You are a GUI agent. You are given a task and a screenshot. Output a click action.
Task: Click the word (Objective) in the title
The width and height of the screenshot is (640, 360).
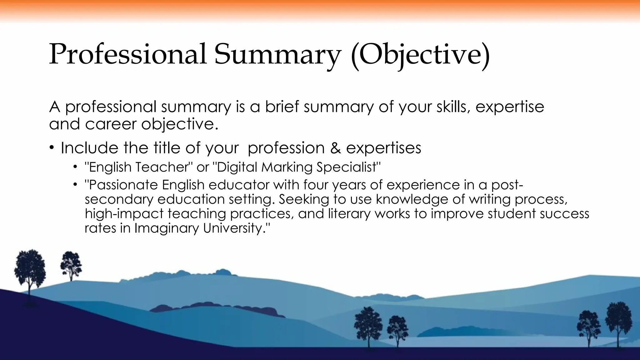(x=420, y=55)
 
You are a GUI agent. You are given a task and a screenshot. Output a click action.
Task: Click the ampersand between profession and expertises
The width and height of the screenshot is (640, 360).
(x=335, y=148)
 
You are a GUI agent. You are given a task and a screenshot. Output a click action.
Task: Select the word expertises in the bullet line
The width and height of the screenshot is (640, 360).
(x=384, y=148)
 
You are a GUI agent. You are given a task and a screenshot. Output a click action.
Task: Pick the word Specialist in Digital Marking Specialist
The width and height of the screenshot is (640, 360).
(x=349, y=167)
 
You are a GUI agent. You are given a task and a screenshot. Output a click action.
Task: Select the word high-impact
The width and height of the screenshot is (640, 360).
(x=124, y=214)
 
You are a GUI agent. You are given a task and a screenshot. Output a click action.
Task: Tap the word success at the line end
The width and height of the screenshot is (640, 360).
(x=564, y=214)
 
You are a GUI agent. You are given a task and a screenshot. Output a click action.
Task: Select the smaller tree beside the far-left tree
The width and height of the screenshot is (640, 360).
(x=71, y=266)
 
